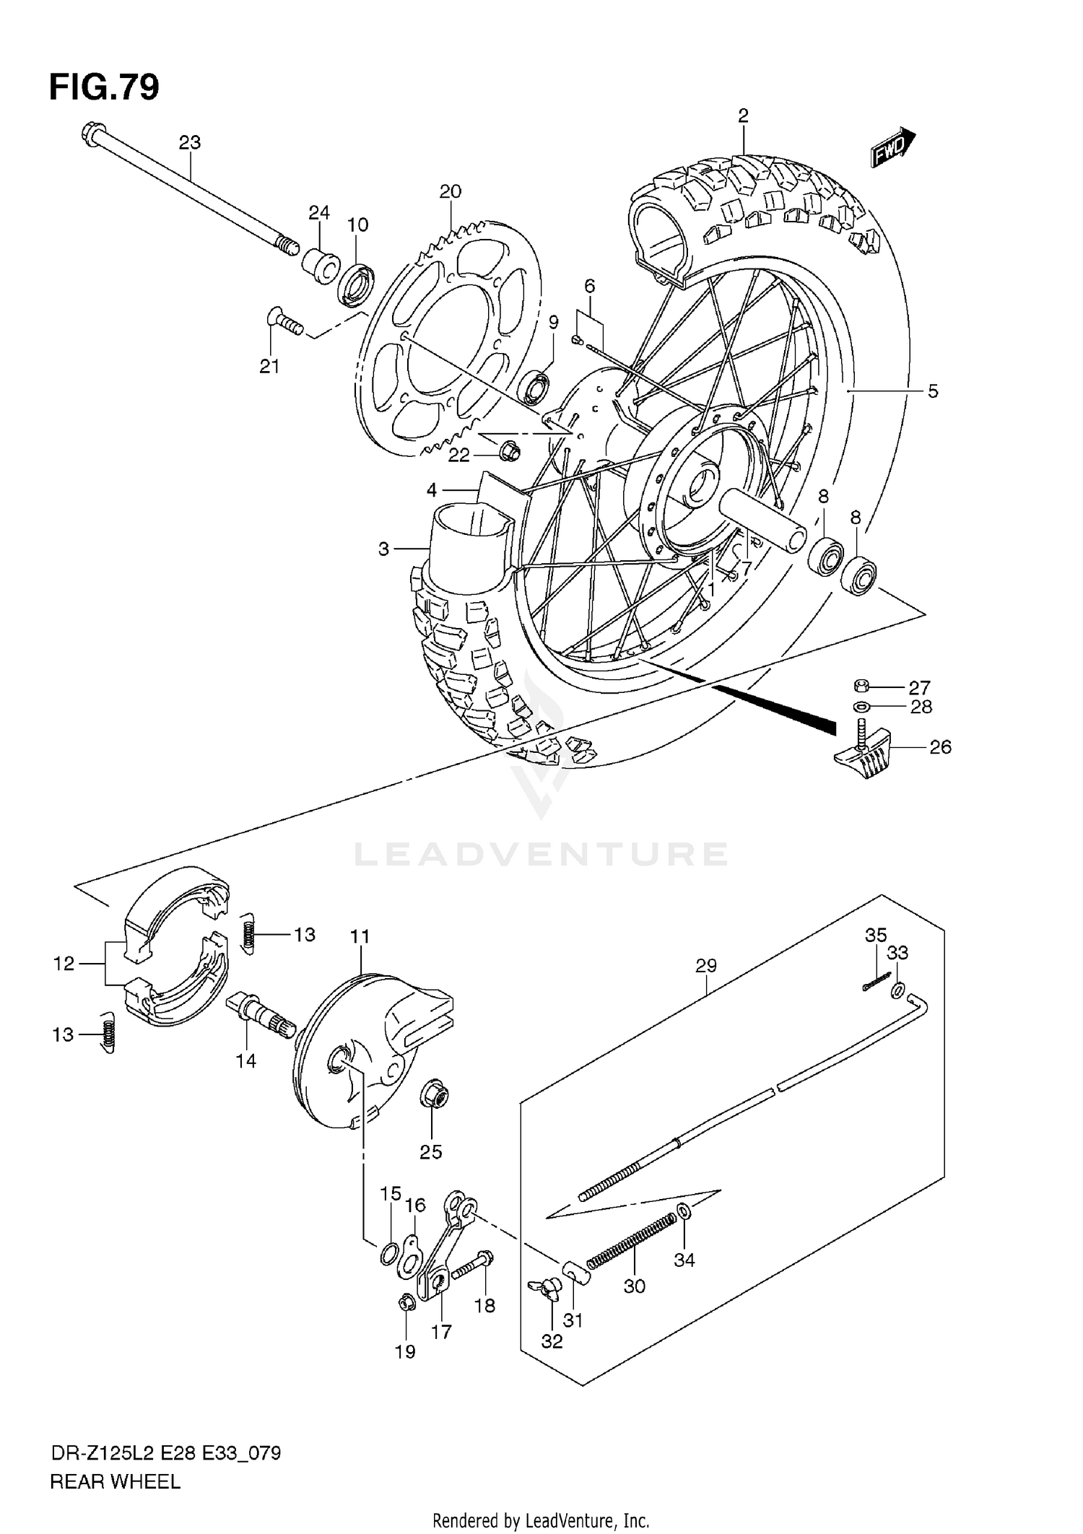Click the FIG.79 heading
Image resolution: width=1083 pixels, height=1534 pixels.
tap(104, 87)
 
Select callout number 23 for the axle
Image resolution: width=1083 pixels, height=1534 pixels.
tap(190, 143)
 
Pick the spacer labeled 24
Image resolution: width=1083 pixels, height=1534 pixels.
tap(321, 267)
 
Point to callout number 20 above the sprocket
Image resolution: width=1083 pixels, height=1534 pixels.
tap(450, 191)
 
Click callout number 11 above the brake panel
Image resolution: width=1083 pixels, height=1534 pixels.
tap(360, 937)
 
